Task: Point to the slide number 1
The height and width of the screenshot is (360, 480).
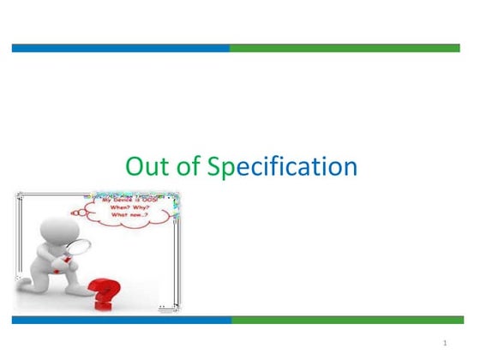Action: point(447,343)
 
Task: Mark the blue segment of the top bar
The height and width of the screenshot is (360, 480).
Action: point(120,48)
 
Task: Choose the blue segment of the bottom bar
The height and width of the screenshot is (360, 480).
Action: point(121,320)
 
